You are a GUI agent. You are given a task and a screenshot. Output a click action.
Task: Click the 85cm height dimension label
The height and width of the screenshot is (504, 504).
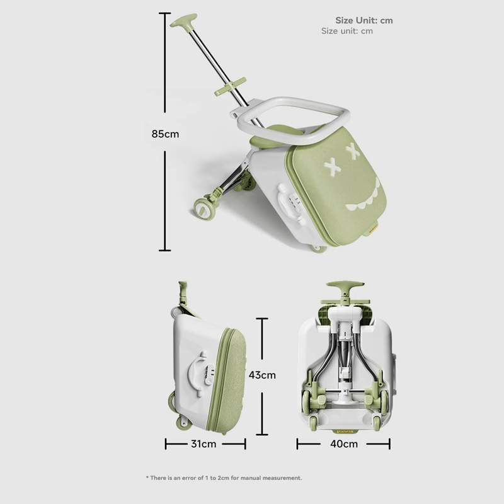(165, 134)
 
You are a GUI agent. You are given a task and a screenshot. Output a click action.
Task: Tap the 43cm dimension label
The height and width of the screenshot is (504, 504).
(262, 375)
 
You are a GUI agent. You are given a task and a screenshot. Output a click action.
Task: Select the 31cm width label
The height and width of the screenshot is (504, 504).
(203, 444)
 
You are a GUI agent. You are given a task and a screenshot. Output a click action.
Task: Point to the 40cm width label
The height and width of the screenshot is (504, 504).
(343, 444)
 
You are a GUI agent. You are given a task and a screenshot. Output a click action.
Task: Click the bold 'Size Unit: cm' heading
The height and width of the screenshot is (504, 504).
(364, 20)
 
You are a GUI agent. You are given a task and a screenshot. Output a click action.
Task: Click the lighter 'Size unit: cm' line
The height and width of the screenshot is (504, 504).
(347, 31)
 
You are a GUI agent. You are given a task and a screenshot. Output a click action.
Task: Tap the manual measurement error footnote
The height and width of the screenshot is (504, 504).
(224, 478)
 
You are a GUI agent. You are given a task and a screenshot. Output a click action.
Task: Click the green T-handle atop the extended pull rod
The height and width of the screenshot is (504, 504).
(183, 20)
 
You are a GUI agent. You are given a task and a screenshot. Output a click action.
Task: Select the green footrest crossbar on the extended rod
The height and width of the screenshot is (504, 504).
(230, 86)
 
